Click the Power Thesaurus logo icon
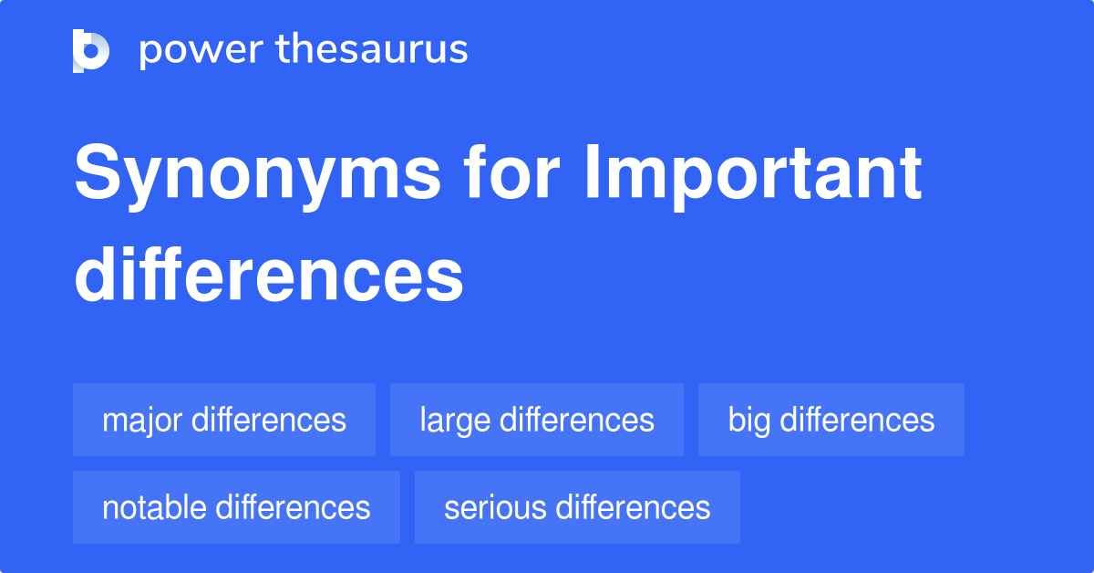[91, 51]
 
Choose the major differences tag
[224, 420]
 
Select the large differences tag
[537, 420]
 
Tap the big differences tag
[831, 420]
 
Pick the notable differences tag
[236, 507]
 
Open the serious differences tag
[577, 507]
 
